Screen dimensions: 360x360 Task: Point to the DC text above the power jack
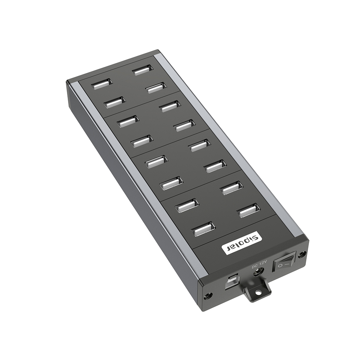click(254, 267)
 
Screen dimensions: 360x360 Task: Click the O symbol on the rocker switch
click(280, 266)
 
